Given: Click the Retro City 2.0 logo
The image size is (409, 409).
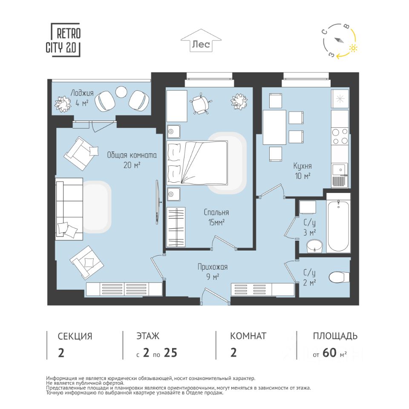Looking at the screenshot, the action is coord(63,40).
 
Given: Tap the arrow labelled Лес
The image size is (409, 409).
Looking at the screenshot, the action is coord(201,41).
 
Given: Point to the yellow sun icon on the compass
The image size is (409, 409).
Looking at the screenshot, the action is coord(353,48).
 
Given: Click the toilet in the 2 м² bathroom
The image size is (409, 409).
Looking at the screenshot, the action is coord(339,277).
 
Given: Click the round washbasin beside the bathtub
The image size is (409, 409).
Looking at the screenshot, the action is coord(315,246).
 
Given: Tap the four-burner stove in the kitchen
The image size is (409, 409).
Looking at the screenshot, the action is coord(340,136).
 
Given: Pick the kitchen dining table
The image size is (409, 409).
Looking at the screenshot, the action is coord(274,127).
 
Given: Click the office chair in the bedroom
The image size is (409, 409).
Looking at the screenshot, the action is coord(201,103).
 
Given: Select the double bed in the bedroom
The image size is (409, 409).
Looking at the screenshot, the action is coord(197,162).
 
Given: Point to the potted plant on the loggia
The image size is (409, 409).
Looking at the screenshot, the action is coord(63,104).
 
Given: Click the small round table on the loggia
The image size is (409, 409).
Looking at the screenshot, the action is coord(121,92).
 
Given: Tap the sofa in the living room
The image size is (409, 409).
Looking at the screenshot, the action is coord(69,209).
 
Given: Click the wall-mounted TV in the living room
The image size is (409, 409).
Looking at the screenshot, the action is coord(158,202).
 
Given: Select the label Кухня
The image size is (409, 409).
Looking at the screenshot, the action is coord(302,166).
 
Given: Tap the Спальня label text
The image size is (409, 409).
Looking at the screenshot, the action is coord(216,213).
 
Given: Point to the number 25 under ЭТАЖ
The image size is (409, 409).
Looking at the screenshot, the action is coord(170,353).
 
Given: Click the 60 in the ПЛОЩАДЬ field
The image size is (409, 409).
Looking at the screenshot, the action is coord(330,353).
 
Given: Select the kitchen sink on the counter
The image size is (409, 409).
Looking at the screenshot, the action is coord(340,170).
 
